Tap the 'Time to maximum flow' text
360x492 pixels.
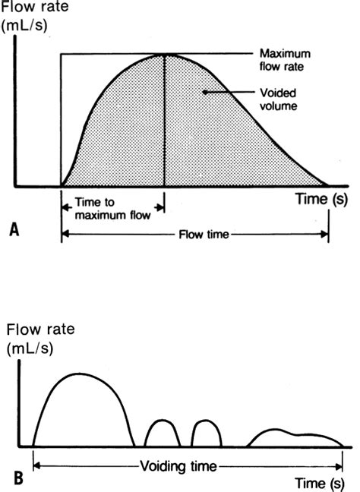coord(110,212)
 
